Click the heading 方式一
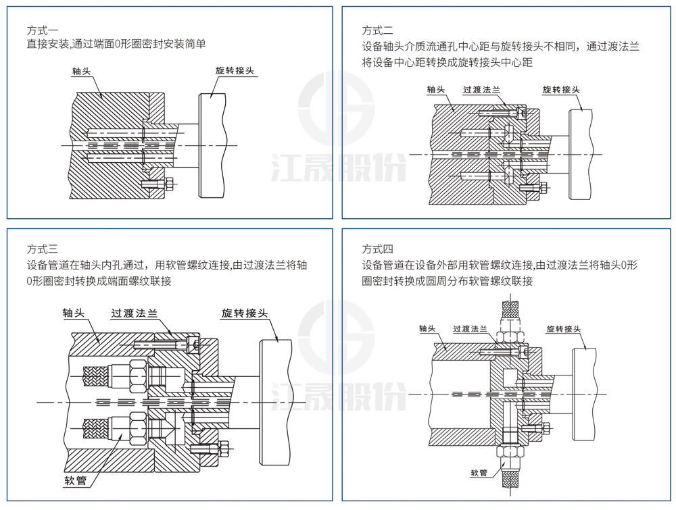[x=42, y=30]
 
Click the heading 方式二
[x=378, y=30]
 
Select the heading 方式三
[x=42, y=249]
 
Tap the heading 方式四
[x=378, y=249]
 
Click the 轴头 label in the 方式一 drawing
[x=82, y=72]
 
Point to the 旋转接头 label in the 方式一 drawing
[x=235, y=71]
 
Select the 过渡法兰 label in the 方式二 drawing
[x=481, y=90]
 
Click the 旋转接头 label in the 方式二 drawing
[x=561, y=90]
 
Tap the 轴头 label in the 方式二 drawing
[x=435, y=90]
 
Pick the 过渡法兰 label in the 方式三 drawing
[x=134, y=313]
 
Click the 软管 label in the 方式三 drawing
[x=76, y=481]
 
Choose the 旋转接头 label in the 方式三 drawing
[x=245, y=313]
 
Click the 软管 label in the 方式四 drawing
[x=479, y=473]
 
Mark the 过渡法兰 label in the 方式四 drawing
[x=470, y=329]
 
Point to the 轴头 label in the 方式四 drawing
[x=427, y=329]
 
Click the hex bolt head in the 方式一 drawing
[x=170, y=184]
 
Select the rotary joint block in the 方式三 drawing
[x=275, y=402]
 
